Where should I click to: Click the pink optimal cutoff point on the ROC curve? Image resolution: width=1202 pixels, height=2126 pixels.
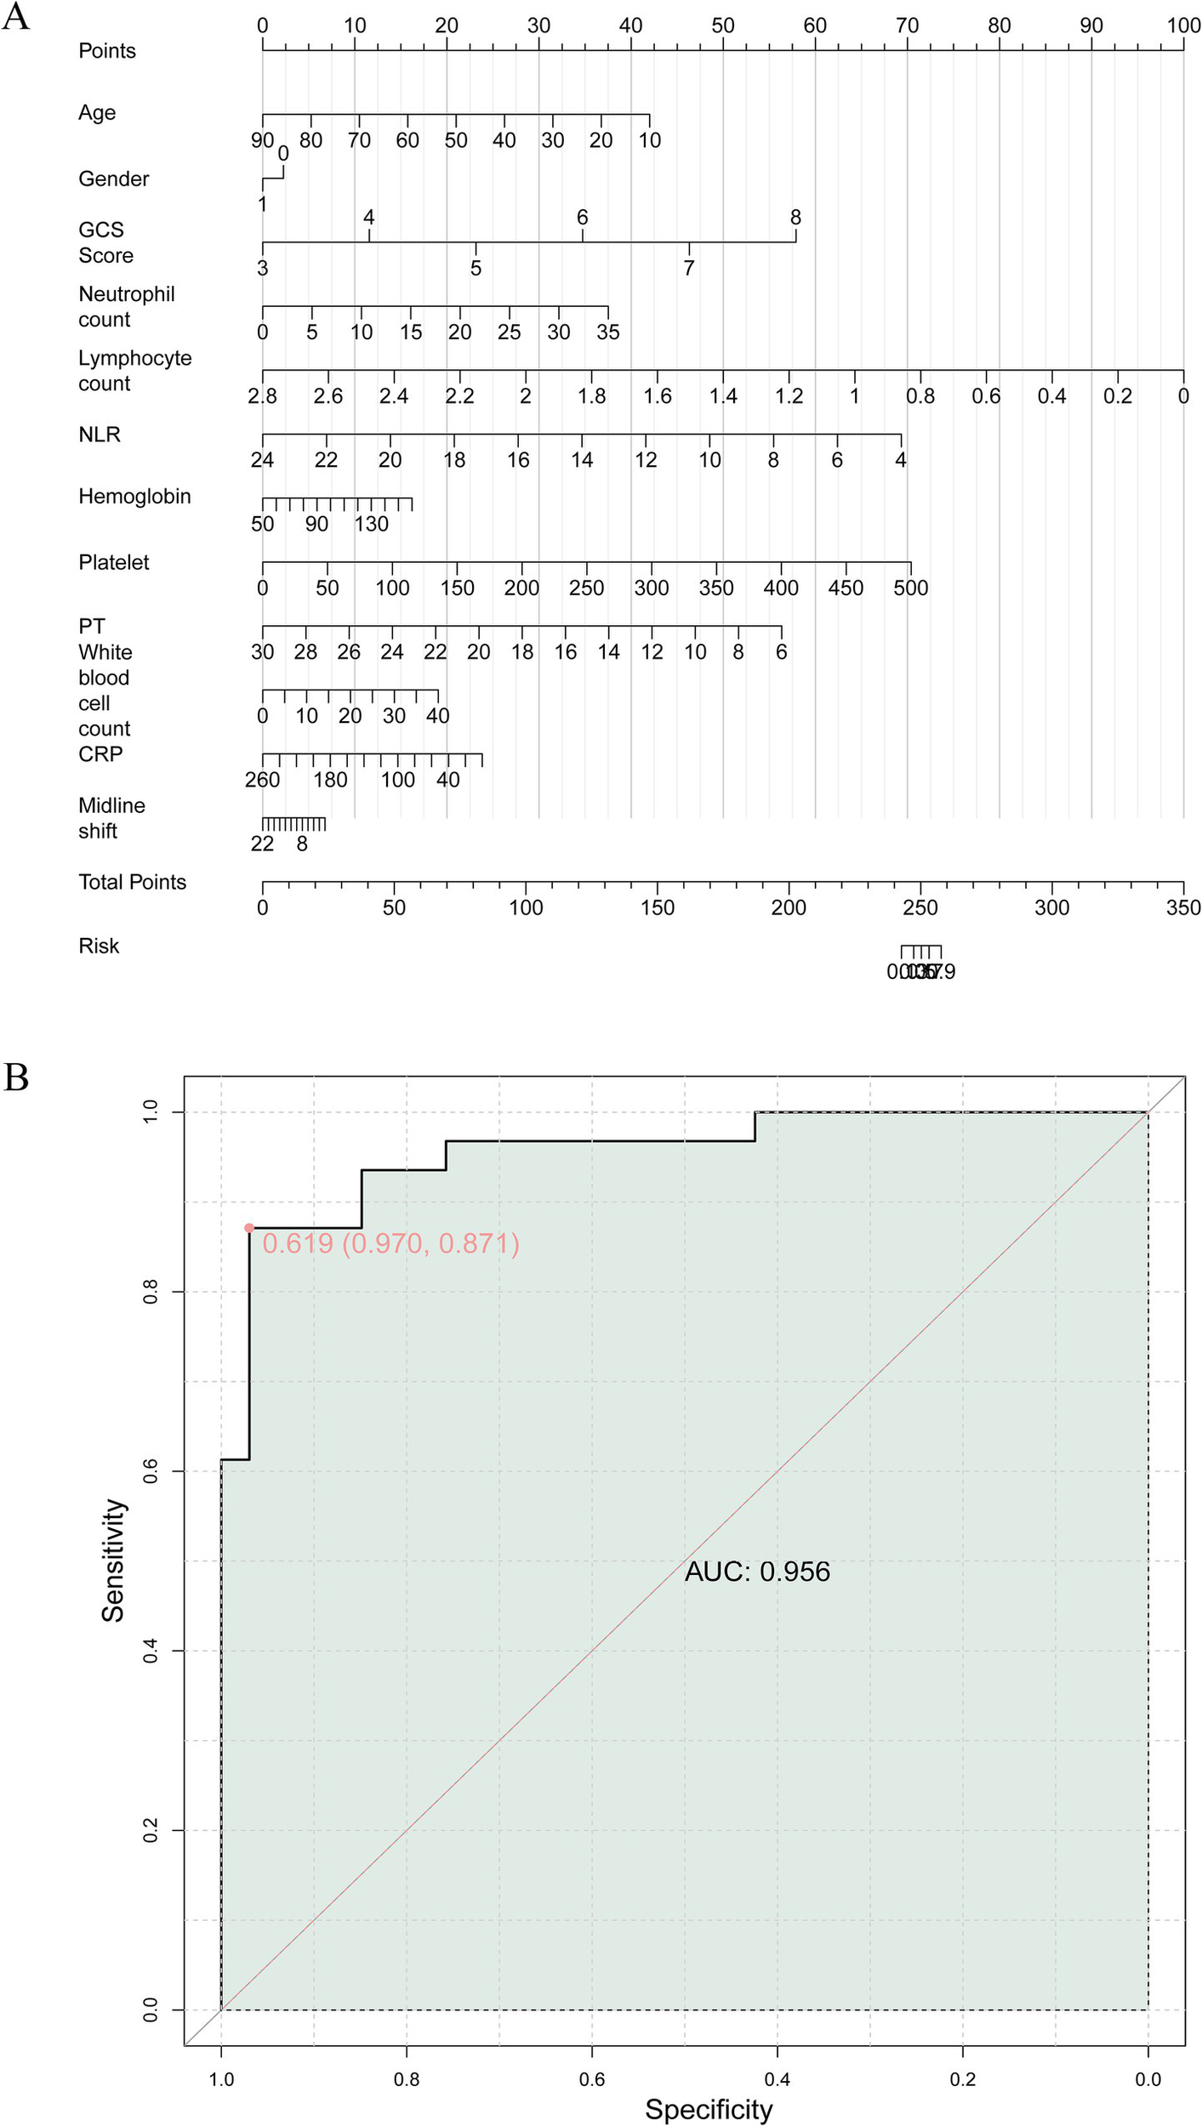coord(249,1228)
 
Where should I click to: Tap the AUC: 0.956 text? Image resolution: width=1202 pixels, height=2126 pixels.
coord(757,1572)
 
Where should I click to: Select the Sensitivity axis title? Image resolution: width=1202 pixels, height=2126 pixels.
coord(113,1560)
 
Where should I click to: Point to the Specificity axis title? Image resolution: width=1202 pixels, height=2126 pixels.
coord(709,2109)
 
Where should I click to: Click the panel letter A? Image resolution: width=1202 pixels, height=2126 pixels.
coord(16,17)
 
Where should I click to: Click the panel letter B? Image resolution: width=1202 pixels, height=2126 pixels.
coord(16,1077)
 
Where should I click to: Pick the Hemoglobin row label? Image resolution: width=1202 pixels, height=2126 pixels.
coord(134,497)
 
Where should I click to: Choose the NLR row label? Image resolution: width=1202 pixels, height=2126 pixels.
coord(100,435)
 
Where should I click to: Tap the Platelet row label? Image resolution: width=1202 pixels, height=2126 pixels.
coord(114,562)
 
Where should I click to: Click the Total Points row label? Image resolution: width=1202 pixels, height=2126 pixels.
coord(132,882)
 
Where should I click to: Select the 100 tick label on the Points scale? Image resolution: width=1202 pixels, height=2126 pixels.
coord(1183,26)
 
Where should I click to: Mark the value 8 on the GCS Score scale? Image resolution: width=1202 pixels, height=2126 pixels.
coord(795,218)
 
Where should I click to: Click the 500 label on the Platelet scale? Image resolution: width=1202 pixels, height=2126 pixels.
coord(910,588)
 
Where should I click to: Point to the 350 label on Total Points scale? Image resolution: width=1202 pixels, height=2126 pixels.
coord(1183,907)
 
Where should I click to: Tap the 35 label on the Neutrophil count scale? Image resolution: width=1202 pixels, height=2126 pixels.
coord(607,332)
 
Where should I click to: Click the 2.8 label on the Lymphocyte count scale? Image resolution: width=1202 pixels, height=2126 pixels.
coord(263,395)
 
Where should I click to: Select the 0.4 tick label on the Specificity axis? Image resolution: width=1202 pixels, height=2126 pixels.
coord(777,2079)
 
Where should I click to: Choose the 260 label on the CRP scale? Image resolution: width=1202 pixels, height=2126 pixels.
coord(262,780)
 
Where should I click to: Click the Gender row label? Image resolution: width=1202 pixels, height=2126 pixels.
coord(114,179)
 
